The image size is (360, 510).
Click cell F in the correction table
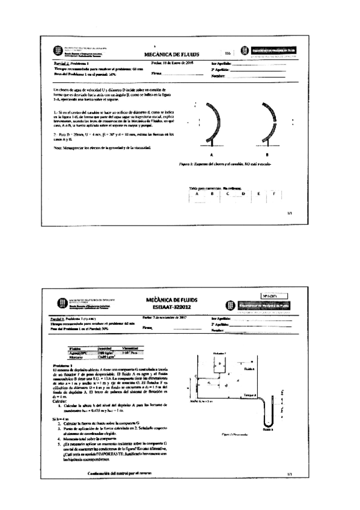pos(273,194)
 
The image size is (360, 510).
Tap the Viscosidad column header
pos(130,348)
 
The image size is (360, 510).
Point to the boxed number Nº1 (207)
pos(275,296)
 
